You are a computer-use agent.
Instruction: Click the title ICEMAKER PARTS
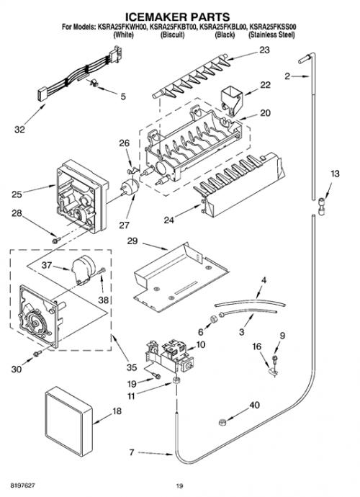click(177, 17)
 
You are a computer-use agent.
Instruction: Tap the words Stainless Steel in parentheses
click(271, 35)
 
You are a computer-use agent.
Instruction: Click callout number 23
click(264, 50)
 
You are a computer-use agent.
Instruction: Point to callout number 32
click(19, 130)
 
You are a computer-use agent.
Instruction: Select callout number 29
click(132, 241)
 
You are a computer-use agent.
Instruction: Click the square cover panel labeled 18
click(69, 421)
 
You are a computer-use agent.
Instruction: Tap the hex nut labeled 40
click(222, 422)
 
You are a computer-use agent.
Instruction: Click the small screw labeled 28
click(56, 241)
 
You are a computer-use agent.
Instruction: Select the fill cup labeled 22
click(230, 101)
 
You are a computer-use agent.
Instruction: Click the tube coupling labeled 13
click(321, 206)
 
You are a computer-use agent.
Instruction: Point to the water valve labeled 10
click(168, 356)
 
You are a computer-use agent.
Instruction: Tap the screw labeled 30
click(37, 354)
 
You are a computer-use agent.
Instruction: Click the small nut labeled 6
click(213, 318)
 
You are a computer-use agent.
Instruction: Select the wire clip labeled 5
click(94, 84)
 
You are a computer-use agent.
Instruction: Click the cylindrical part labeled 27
click(130, 187)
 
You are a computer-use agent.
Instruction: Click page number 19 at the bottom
click(180, 485)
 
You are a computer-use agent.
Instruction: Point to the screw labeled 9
click(274, 359)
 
